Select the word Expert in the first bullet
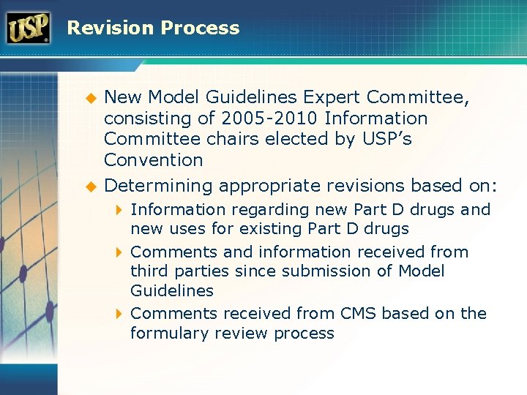(x=334, y=97)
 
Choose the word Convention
(x=153, y=159)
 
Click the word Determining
(x=159, y=185)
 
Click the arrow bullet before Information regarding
(x=120, y=210)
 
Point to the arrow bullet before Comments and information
(x=120, y=252)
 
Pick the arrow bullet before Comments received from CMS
(x=120, y=314)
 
